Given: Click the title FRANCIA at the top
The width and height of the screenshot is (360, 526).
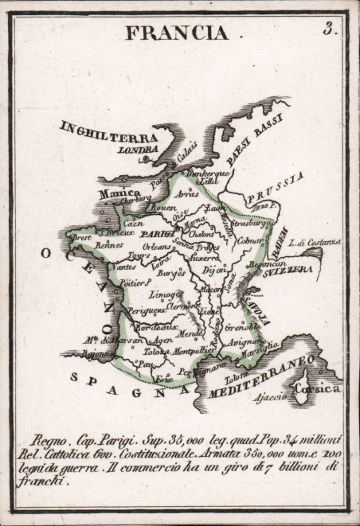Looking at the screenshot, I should pyautogui.click(x=176, y=33).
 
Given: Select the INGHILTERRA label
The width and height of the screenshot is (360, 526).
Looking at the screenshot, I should pyautogui.click(x=109, y=131).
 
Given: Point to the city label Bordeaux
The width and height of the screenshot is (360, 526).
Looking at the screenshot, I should pyautogui.click(x=155, y=326).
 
